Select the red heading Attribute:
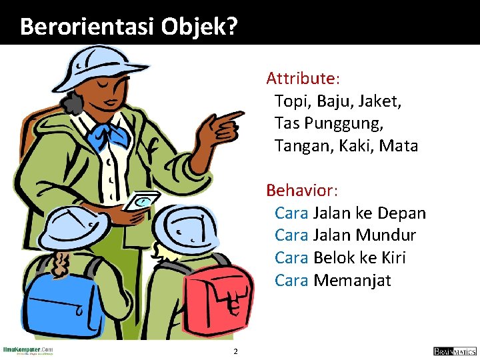(x=303, y=79)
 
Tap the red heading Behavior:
(x=302, y=191)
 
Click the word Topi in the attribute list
(x=291, y=101)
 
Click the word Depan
(x=401, y=213)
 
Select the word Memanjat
(x=352, y=281)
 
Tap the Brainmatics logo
(x=455, y=351)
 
